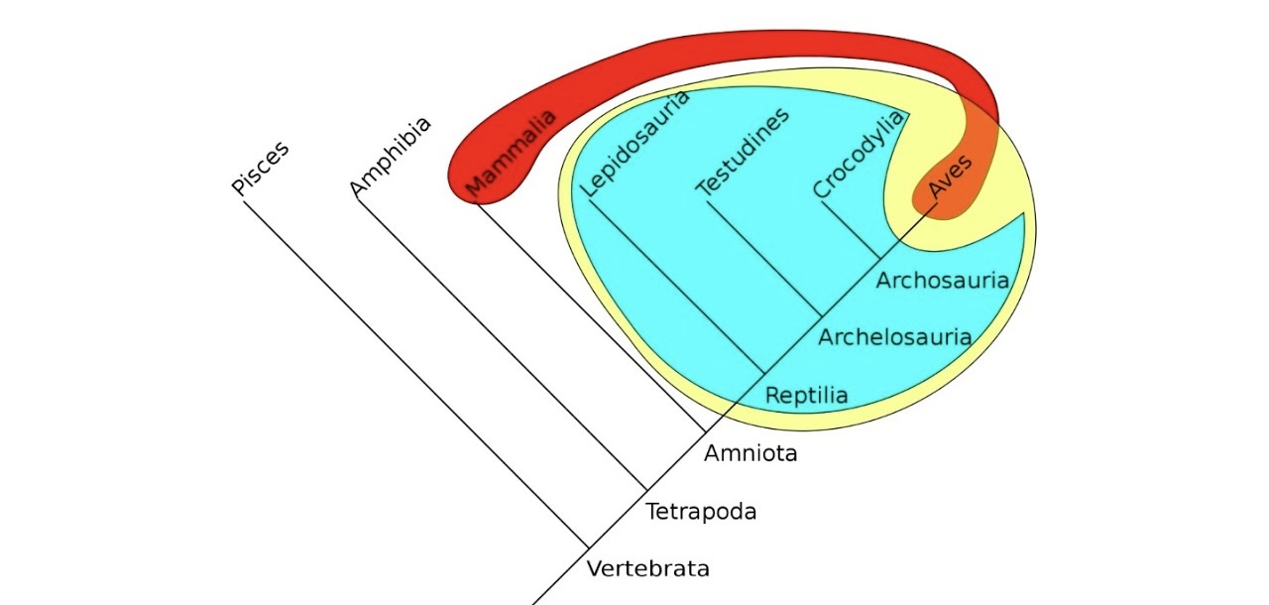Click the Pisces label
(261, 170)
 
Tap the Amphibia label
(392, 157)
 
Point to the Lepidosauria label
(634, 142)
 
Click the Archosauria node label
(942, 281)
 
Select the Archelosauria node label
(894, 337)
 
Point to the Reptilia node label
(807, 396)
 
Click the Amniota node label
(750, 454)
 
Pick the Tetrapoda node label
(701, 512)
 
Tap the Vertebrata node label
(648, 569)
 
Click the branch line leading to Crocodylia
(851, 230)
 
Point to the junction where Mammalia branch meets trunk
(705, 430)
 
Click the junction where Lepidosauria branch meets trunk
(763, 373)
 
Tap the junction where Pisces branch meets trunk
(589, 546)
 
